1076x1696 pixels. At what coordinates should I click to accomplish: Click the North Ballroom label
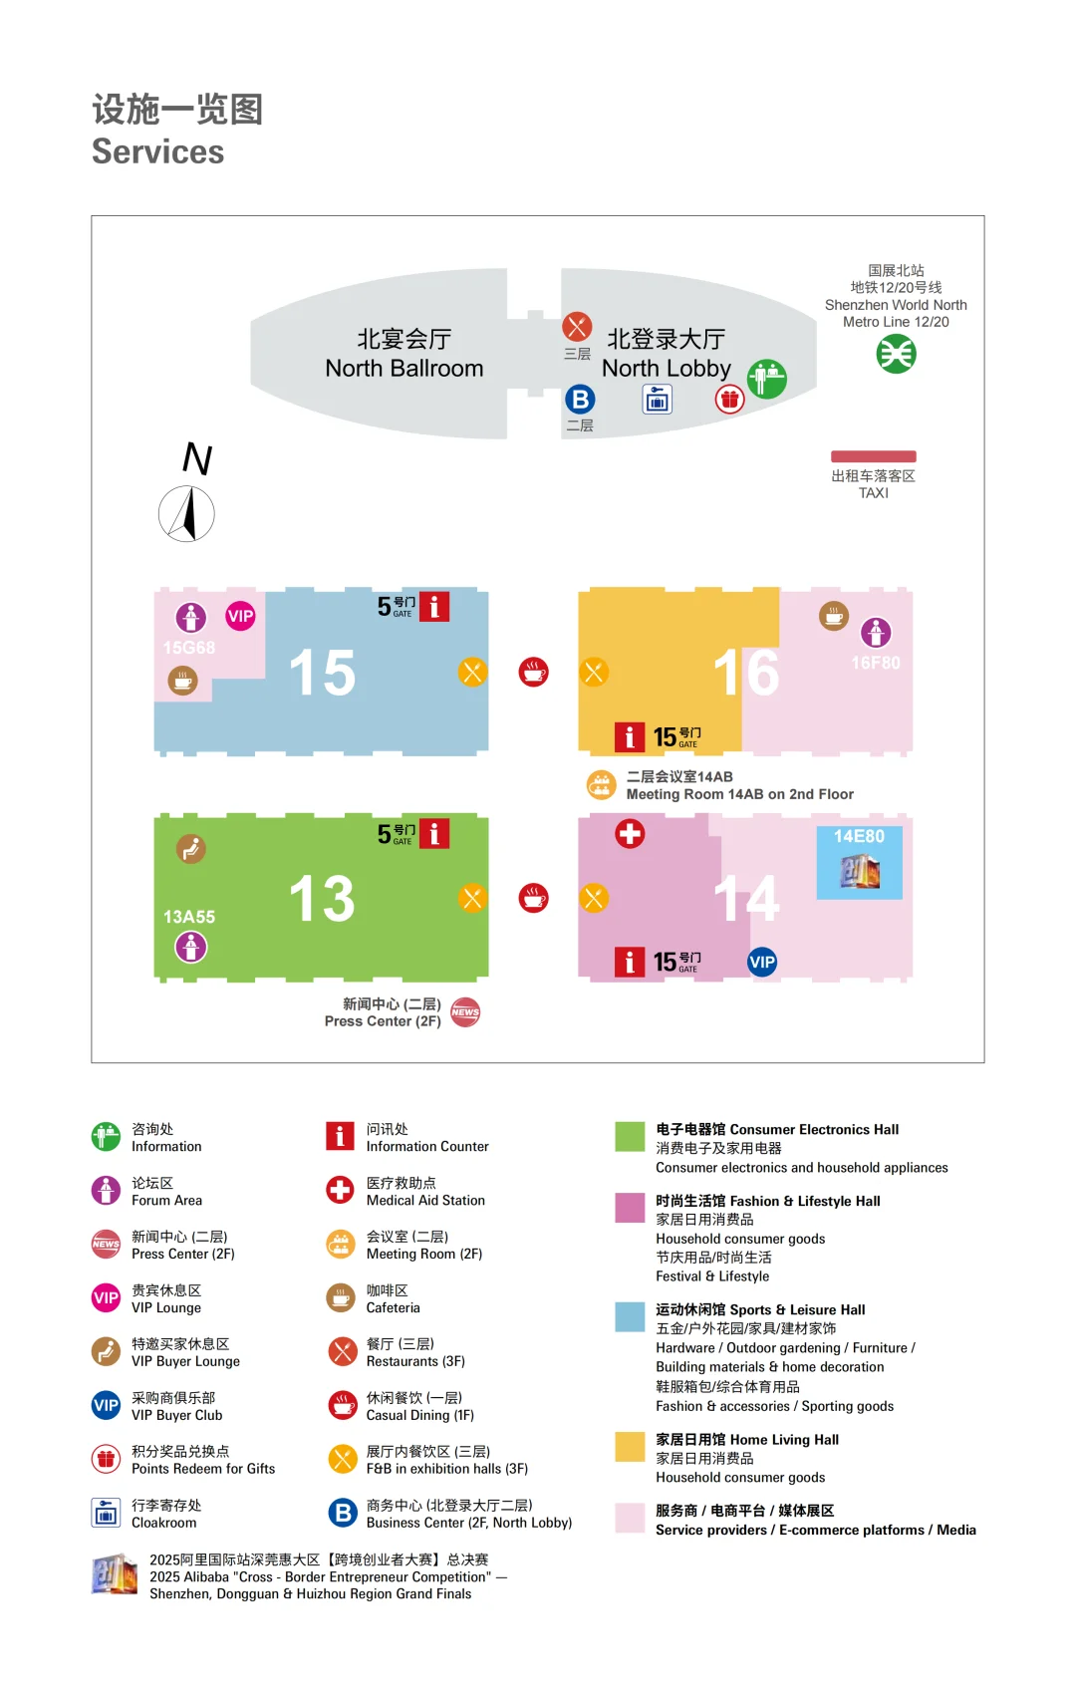point(403,354)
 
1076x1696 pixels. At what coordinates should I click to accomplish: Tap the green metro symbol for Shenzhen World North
point(896,354)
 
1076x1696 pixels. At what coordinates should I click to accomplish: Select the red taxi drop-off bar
point(874,456)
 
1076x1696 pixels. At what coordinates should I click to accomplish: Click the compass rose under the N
point(186,514)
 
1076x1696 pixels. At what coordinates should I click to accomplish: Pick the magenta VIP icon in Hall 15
point(240,616)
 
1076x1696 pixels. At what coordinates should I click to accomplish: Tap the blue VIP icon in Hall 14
point(762,962)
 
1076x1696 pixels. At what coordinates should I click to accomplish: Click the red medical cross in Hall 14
point(630,833)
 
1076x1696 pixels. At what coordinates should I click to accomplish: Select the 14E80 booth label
point(859,837)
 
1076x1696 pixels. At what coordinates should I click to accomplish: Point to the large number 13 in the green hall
point(322,899)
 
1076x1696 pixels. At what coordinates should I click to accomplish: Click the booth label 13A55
point(189,917)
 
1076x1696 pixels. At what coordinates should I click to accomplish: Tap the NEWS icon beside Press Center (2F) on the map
point(465,1012)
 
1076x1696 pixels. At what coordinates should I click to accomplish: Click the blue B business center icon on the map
point(580,400)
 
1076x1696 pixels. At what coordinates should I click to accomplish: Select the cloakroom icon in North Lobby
point(657,400)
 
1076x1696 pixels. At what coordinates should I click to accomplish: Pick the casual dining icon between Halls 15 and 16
point(534,672)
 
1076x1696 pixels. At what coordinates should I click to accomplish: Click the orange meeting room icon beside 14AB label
point(601,785)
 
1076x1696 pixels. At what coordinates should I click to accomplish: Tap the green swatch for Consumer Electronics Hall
point(630,1136)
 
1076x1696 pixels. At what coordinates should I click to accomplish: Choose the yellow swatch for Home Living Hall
point(630,1446)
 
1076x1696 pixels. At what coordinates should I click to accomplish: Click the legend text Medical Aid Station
point(425,1201)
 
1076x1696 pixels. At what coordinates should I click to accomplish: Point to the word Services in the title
point(158,151)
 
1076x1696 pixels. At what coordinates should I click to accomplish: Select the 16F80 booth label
point(875,663)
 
